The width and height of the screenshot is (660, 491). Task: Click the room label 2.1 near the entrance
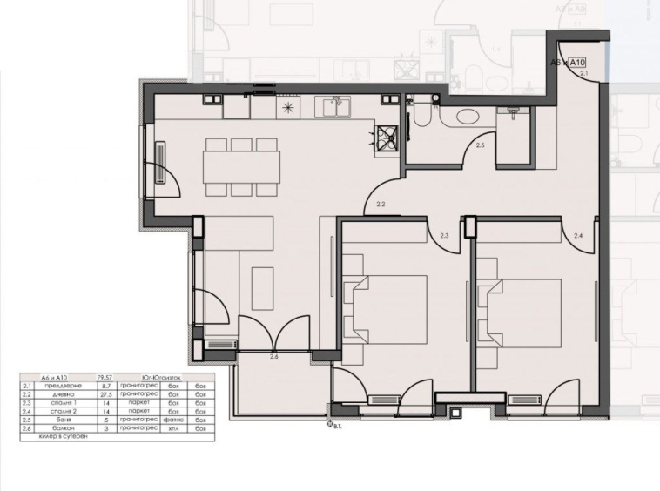584,74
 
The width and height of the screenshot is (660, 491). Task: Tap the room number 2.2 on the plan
381,205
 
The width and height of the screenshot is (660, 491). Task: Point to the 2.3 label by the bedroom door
444,235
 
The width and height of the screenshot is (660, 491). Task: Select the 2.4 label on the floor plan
578,235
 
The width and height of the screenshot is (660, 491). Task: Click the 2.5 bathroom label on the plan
481,145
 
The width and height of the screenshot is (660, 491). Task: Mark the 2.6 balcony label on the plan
274,357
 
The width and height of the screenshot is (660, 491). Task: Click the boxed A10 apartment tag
579,63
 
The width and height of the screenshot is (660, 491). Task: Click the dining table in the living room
242,165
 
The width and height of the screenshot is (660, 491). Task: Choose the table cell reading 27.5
108,394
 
